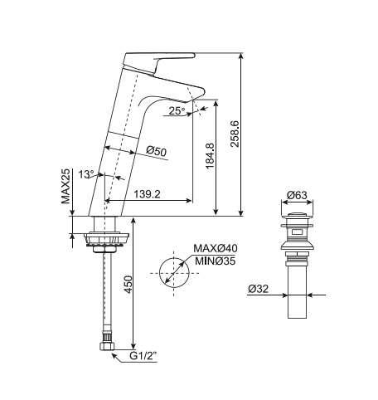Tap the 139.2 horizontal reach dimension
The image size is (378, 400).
pos(146,194)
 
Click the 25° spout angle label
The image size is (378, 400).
pos(176,110)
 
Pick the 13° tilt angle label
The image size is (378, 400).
pos(86,174)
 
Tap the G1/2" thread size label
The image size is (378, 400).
pos(144,358)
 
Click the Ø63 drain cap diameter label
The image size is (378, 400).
pos(297,197)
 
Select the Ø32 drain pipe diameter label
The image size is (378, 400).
pos(258,290)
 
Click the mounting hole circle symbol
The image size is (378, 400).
pos(172,271)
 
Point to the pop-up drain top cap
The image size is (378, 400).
pos(297,222)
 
